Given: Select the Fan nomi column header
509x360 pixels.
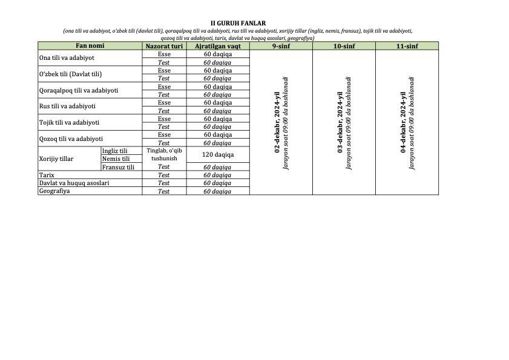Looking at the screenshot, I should point(90,46).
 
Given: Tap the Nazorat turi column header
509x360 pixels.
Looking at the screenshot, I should point(164,46).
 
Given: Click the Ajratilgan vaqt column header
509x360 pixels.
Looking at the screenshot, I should point(218,46).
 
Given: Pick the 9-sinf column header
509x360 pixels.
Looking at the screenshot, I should point(281,46).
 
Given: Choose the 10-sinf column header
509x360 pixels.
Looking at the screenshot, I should point(344,46).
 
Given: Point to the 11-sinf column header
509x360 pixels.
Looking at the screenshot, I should point(407,46).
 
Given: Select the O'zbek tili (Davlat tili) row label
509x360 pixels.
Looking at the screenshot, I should point(70,74).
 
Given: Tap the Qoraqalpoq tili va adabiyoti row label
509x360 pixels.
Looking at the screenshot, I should point(78,90).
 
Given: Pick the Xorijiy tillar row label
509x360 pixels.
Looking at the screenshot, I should point(56,159).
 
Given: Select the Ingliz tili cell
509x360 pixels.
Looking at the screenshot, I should point(115,151).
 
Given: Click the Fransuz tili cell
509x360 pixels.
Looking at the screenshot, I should point(118,167).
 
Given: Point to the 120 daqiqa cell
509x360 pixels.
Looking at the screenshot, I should point(218,154).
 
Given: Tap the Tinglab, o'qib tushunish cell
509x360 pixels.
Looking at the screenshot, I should point(164,154).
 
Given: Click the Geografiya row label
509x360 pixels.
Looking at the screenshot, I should point(54,191).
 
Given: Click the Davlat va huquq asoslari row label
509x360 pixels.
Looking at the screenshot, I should point(74,183).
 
